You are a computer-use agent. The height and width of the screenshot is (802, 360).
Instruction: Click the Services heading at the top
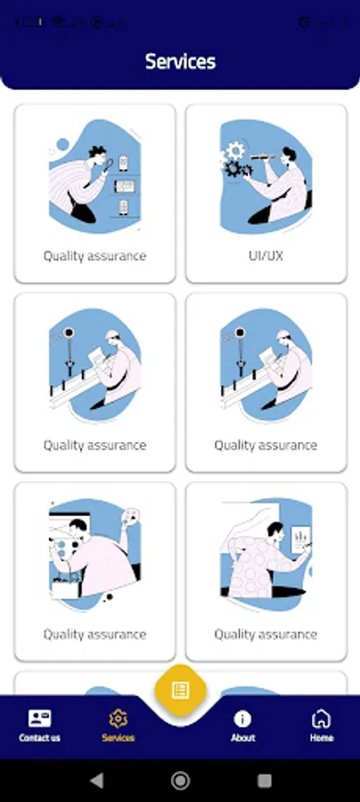[180, 61]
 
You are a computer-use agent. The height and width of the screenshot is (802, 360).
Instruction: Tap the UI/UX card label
[266, 256]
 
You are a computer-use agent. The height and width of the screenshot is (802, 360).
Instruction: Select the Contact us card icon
[39, 718]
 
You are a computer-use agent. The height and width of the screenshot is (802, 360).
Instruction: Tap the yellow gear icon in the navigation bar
[119, 718]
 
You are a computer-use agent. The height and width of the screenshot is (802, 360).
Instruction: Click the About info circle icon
[242, 718]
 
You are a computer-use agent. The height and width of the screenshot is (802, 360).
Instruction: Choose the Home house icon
[321, 718]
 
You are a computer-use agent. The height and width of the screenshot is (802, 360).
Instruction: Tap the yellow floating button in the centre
[180, 690]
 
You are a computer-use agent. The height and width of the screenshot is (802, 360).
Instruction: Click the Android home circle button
[180, 781]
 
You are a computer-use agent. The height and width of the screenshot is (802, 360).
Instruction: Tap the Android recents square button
[265, 781]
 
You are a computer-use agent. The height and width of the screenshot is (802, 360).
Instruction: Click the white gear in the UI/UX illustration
[235, 151]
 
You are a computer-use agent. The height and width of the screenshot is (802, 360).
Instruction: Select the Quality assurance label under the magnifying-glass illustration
[94, 256]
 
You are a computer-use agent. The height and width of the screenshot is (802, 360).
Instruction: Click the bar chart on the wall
[300, 539]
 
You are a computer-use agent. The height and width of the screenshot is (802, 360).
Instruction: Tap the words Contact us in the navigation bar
[39, 738]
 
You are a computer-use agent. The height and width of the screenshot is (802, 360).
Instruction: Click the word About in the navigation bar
[243, 738]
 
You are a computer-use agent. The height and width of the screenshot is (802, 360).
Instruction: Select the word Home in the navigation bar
[321, 738]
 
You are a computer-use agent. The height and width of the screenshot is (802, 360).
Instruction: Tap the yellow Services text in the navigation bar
[119, 738]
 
